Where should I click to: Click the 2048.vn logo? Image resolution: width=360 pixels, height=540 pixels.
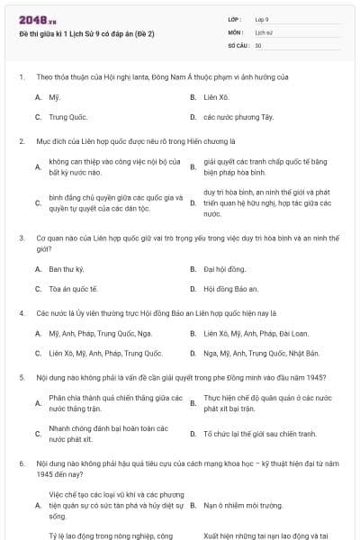tap(37, 18)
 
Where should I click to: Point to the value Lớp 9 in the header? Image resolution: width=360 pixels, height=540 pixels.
tap(262, 18)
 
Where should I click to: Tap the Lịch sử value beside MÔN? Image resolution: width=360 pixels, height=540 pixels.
tap(263, 31)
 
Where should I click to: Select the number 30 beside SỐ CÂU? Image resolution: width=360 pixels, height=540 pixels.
tap(258, 44)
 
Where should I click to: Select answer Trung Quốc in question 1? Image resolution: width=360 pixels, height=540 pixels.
tap(67, 117)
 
